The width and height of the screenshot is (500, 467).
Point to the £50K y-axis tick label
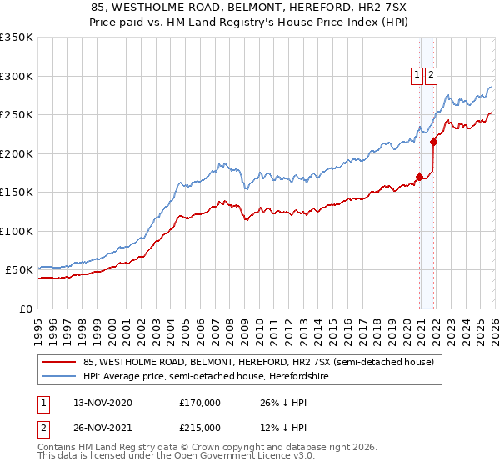click(x=17, y=270)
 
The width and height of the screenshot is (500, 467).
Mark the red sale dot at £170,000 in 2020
click(x=419, y=177)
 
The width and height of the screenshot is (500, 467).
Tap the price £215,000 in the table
click(x=199, y=429)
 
